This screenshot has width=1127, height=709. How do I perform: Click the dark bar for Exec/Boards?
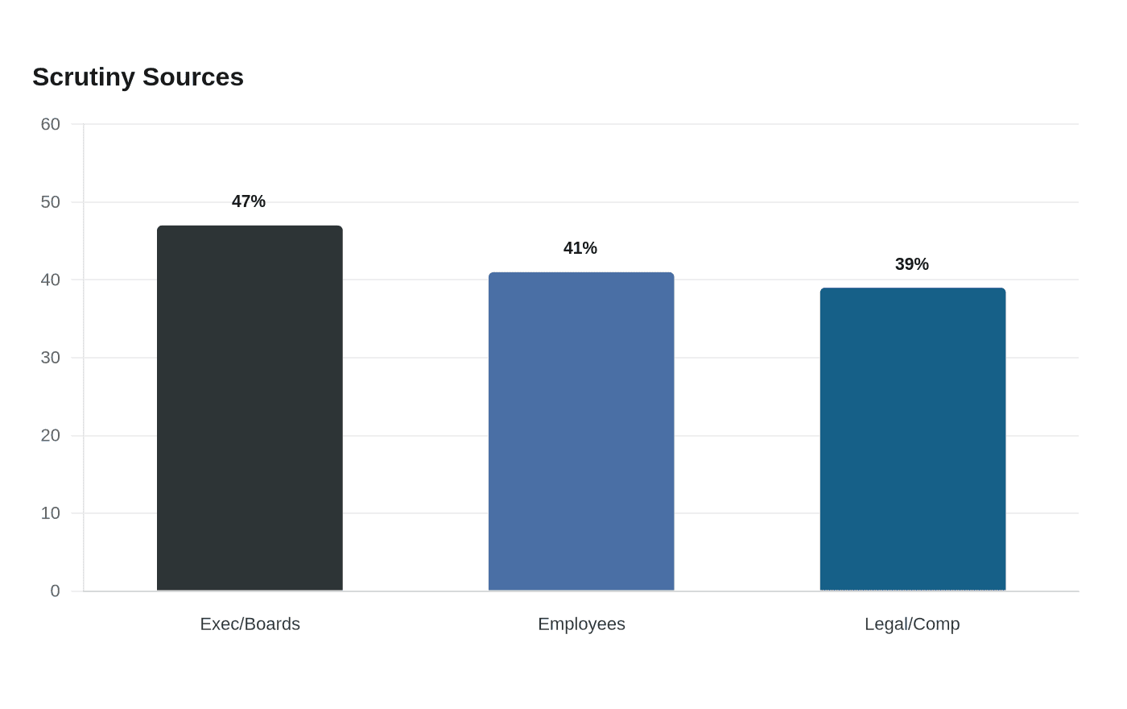pyautogui.click(x=250, y=408)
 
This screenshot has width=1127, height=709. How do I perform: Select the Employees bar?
pyautogui.click(x=581, y=431)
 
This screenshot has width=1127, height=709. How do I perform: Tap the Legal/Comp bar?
pyautogui.click(x=913, y=439)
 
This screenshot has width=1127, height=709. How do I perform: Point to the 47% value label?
pyautogui.click(x=249, y=201)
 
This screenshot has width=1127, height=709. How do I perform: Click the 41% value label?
pyautogui.click(x=580, y=248)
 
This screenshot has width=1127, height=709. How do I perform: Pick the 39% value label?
pyautogui.click(x=911, y=264)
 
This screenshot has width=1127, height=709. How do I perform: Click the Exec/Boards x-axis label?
pyautogui.click(x=250, y=624)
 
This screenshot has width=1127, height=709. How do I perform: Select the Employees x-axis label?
pyautogui.click(x=581, y=624)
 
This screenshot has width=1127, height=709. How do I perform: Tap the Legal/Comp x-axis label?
pyautogui.click(x=912, y=624)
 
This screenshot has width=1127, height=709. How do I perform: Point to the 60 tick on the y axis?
pyautogui.click(x=50, y=124)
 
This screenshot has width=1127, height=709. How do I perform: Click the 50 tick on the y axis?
pyautogui.click(x=50, y=202)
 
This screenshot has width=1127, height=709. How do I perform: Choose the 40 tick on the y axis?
pyautogui.click(x=50, y=280)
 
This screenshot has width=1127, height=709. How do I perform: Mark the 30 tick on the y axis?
pyautogui.click(x=50, y=358)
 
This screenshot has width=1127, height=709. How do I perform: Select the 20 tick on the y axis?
pyautogui.click(x=50, y=436)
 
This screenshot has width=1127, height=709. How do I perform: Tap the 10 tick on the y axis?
pyautogui.click(x=50, y=514)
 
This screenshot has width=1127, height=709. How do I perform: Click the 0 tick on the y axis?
pyautogui.click(x=56, y=591)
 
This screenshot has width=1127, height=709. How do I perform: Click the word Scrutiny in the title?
pyautogui.click(x=84, y=78)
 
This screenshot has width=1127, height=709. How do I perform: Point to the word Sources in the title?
pyautogui.click(x=193, y=77)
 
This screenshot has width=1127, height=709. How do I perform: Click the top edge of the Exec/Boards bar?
pyautogui.click(x=250, y=226)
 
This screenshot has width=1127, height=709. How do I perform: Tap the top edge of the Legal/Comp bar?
pyautogui.click(x=913, y=288)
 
